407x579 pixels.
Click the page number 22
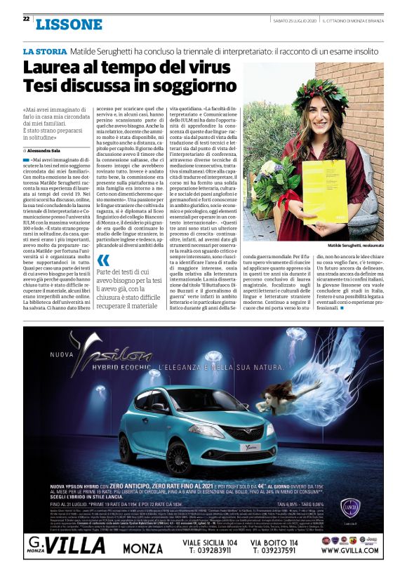(26, 18)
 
